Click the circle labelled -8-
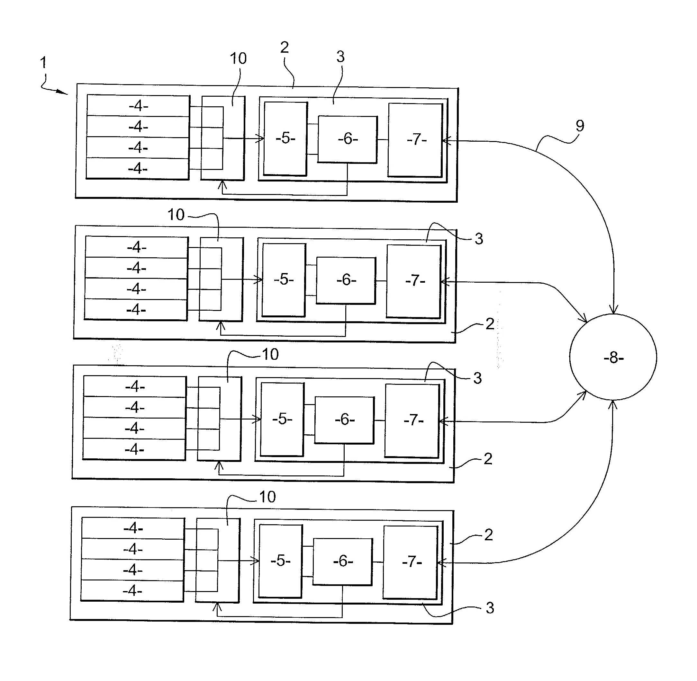point(613,357)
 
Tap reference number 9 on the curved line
point(580,126)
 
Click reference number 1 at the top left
point(43,63)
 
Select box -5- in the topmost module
point(285,138)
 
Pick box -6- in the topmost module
point(347,139)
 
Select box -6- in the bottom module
point(343,561)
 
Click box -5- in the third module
point(282,419)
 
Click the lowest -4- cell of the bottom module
point(132,590)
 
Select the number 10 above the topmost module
point(238,58)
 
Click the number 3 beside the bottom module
point(490,608)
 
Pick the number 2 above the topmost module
point(285,47)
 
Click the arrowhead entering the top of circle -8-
point(614,310)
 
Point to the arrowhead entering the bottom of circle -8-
point(613,404)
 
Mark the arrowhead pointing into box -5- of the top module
point(260,138)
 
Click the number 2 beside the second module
point(490,324)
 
